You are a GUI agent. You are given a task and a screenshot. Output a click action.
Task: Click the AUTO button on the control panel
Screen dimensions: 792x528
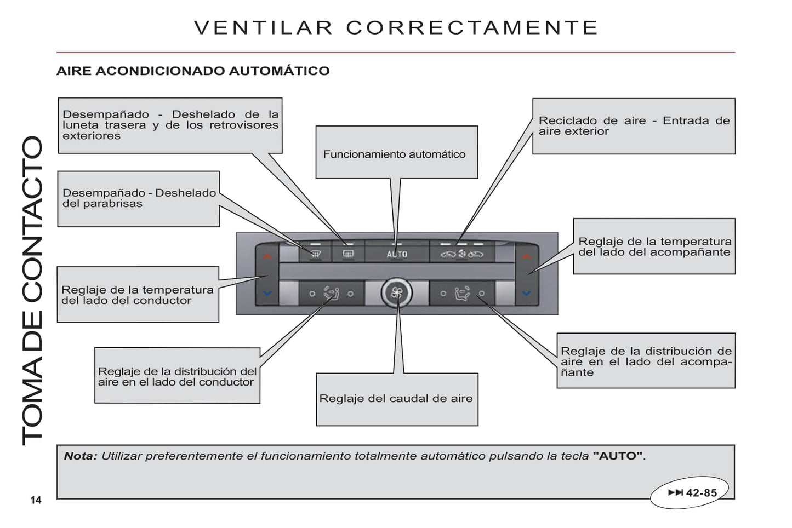[397, 254]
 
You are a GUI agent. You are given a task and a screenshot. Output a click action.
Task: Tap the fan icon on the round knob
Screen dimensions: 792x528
[397, 292]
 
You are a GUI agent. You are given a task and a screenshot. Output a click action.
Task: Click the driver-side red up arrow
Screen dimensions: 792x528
[267, 256]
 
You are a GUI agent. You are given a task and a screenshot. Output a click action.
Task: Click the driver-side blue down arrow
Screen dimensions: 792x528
[267, 293]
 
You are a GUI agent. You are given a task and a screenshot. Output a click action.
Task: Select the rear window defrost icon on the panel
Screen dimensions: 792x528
[348, 254]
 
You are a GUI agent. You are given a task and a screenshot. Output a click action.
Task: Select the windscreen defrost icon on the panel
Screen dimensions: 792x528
[316, 254]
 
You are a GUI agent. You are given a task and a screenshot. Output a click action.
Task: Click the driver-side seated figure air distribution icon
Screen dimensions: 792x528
[332, 294]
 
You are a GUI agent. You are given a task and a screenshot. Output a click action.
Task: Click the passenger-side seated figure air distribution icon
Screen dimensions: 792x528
[463, 294]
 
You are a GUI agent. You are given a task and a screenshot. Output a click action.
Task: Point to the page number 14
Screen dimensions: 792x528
[36, 500]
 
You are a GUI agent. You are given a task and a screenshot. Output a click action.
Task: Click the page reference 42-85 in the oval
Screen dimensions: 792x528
[701, 492]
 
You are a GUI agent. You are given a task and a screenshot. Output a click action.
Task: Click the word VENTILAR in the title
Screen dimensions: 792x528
[264, 27]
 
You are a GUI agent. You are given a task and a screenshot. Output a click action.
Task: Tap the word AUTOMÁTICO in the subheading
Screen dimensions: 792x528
[280, 71]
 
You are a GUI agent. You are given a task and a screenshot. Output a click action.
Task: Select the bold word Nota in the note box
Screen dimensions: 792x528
[80, 456]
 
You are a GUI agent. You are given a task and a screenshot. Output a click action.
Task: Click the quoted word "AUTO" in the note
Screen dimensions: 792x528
[618, 456]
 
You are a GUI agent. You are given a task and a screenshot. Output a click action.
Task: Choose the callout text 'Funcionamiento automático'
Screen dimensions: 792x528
[394, 154]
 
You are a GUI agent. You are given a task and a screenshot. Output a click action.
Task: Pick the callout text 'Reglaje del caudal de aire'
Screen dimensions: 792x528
[396, 398]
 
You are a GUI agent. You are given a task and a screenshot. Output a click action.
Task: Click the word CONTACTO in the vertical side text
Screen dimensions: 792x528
[32, 219]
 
